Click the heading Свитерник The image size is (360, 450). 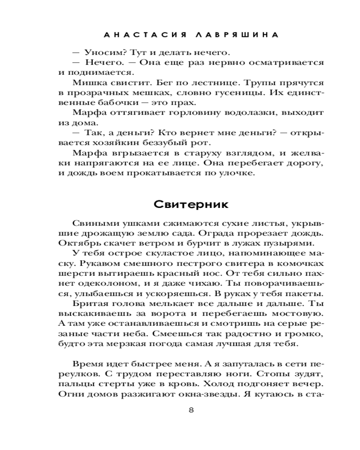[192, 204]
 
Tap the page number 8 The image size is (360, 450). [192, 410]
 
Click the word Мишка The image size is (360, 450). [86, 83]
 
